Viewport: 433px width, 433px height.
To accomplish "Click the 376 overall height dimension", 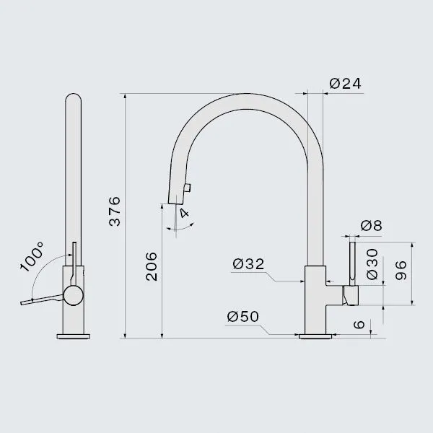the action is [115, 211].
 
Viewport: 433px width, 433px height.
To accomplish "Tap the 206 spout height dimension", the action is [152, 266].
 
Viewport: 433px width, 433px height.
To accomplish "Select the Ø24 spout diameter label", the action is [345, 84].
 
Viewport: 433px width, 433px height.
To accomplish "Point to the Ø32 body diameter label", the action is [248, 263].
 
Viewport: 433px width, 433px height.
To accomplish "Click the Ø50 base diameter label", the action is [243, 317].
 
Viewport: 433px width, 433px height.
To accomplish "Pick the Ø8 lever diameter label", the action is [372, 226].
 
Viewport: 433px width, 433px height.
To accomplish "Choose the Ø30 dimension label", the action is [372, 264].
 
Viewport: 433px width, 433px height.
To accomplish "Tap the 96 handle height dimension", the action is [401, 271].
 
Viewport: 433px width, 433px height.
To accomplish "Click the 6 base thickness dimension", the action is [359, 325].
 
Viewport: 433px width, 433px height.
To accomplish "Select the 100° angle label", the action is [32, 257].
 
